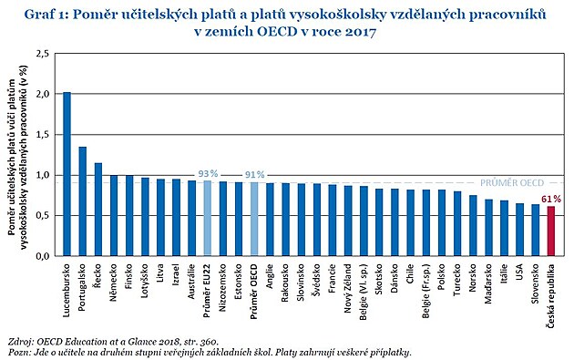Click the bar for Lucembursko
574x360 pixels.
(67, 173)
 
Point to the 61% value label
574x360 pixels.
(550, 198)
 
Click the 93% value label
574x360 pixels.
(207, 172)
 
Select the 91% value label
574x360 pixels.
(254, 173)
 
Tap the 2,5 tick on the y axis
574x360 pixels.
(42, 54)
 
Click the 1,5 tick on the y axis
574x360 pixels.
(42, 135)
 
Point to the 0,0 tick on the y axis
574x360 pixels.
(42, 256)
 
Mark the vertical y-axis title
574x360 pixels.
(17, 155)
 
